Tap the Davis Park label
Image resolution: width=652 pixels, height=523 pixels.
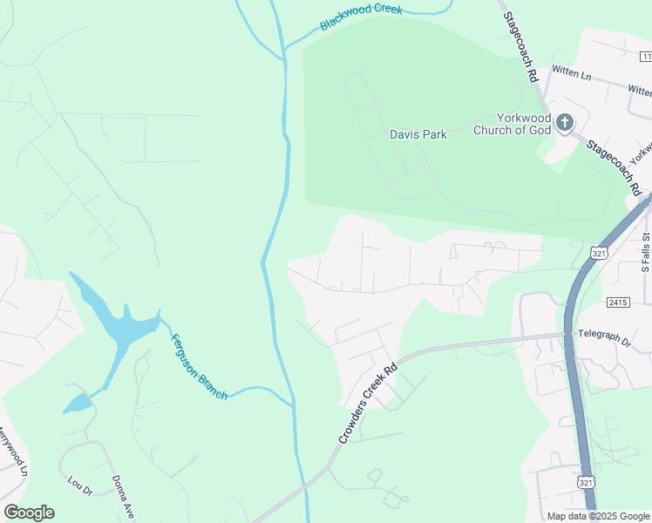tap(418, 134)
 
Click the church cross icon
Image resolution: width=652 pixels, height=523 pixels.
tap(564, 122)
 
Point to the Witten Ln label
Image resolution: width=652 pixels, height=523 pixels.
tap(571, 76)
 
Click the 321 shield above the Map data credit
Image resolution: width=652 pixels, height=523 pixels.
tap(586, 482)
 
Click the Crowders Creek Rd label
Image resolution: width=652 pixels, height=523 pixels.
tap(367, 404)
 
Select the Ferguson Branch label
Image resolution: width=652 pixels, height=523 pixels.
tap(199, 367)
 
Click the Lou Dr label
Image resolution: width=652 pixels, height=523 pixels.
tap(80, 486)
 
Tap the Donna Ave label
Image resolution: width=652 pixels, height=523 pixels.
tap(122, 495)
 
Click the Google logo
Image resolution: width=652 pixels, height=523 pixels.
tap(29, 513)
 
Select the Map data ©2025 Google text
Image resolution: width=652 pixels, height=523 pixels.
tap(598, 516)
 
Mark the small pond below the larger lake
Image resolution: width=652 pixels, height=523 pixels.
tap(76, 404)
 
